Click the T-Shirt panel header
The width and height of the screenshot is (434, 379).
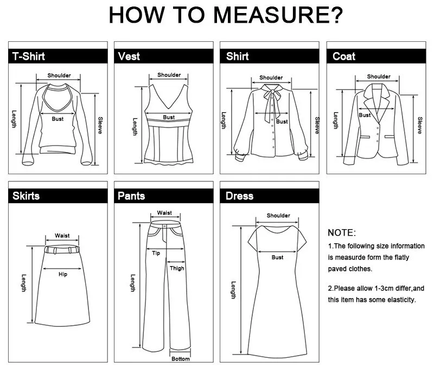[28, 56]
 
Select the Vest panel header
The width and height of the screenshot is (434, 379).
[129, 56]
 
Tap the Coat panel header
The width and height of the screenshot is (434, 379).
[344, 56]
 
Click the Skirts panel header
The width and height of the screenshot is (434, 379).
[26, 195]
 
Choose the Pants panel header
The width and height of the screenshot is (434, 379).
[131, 195]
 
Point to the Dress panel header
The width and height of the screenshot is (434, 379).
[239, 195]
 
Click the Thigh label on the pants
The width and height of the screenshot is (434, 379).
[177, 268]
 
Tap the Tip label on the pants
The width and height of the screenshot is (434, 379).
[156, 253]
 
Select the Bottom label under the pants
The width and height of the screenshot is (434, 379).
[181, 359]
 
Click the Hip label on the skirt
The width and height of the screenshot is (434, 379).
[63, 274]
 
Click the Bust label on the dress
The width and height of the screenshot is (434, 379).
[277, 257]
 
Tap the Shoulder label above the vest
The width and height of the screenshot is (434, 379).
[169, 75]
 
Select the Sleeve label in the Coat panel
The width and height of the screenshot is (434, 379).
[419, 125]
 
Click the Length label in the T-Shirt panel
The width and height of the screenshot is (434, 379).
[15, 119]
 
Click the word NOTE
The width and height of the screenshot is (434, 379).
[341, 232]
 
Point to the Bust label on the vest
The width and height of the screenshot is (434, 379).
[169, 117]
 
